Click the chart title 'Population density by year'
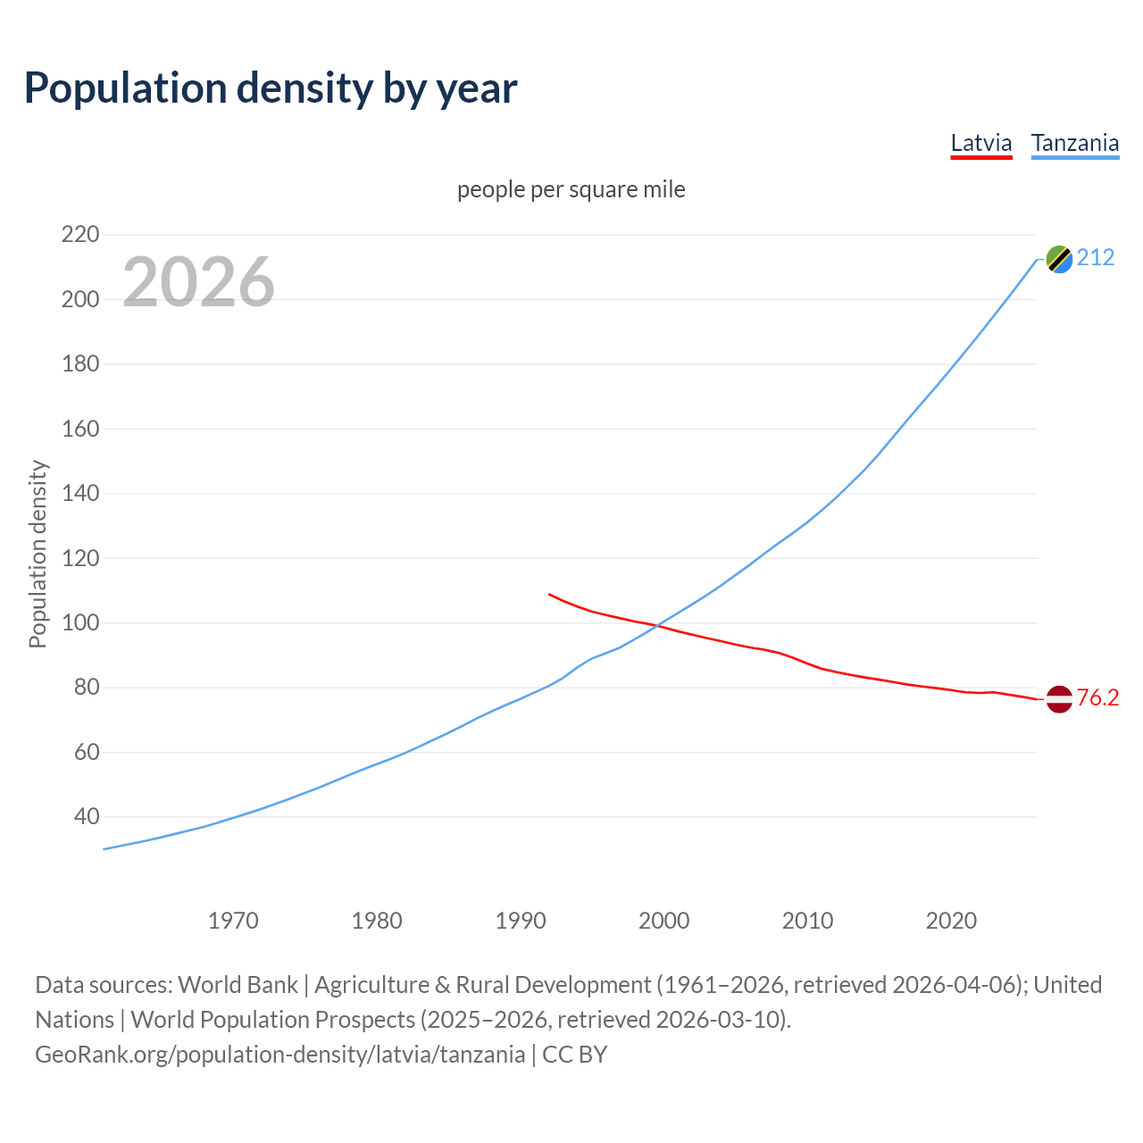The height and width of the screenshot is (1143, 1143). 271,88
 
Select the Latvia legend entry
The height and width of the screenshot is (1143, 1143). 981,143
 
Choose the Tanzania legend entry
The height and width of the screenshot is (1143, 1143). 1075,143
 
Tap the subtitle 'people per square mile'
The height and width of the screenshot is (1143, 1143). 571,189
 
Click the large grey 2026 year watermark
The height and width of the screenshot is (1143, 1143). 198,282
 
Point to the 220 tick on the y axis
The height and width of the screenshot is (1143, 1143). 80,235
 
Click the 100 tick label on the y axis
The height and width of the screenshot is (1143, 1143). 80,622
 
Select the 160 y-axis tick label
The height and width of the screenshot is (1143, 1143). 80,429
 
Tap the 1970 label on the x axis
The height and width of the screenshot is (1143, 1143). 233,921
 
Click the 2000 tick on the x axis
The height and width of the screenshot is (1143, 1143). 663,921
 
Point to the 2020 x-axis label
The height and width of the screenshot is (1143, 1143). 951,921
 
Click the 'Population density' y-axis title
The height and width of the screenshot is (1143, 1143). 38,554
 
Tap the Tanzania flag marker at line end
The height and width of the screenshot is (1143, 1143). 1059,259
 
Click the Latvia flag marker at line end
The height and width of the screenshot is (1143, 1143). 1059,699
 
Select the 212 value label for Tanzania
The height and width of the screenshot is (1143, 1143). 1096,258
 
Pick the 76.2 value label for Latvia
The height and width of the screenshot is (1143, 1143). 1097,698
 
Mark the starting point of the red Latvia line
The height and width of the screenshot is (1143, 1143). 549,594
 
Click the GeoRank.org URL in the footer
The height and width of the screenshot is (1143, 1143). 280,1055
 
